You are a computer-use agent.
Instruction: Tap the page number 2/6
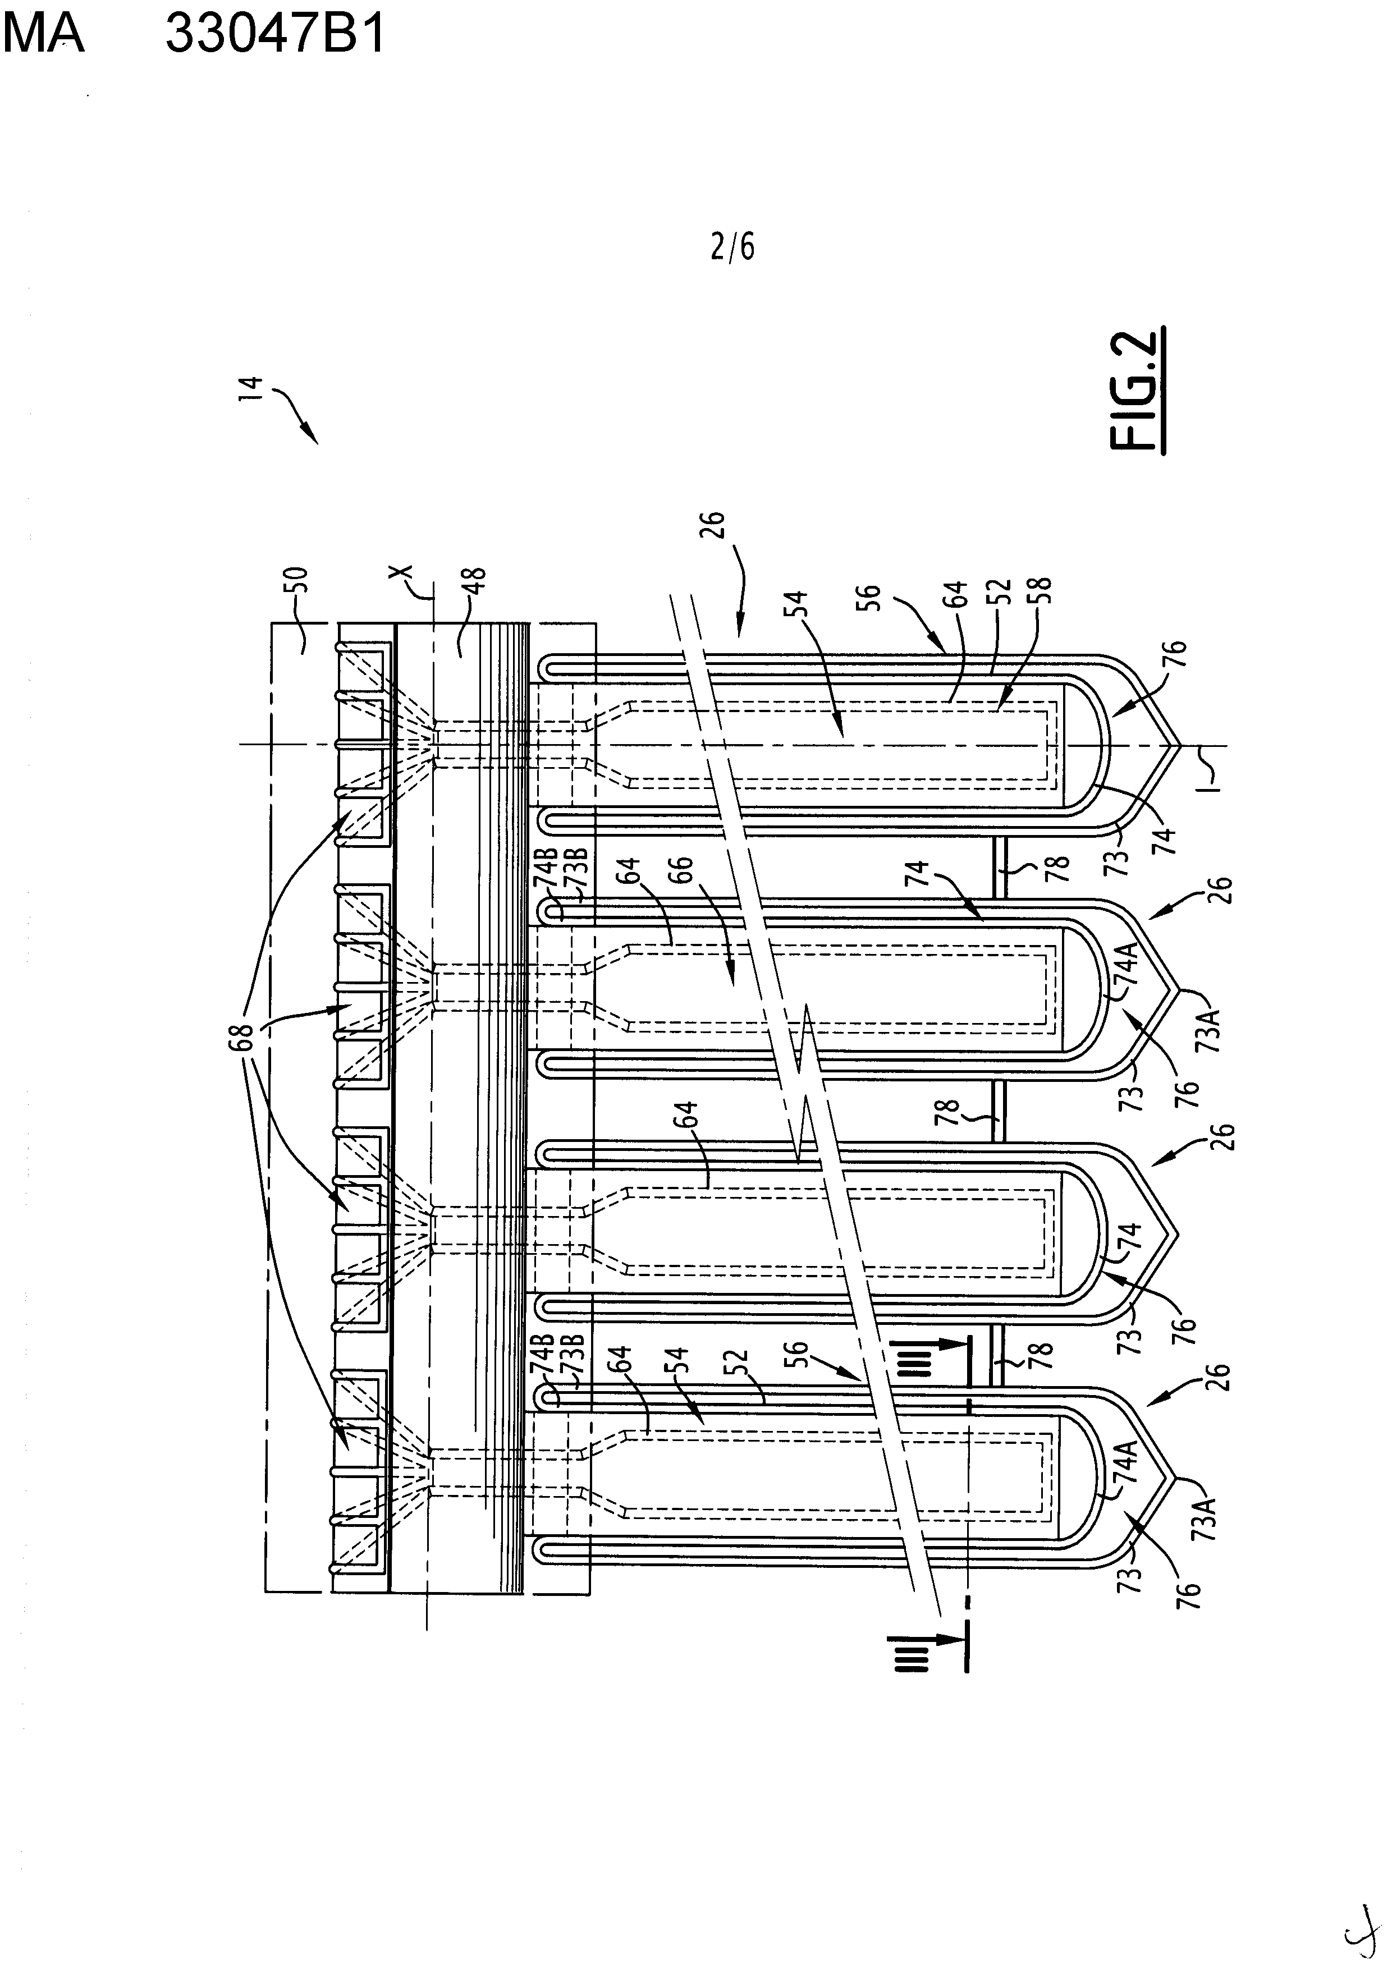point(733,247)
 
